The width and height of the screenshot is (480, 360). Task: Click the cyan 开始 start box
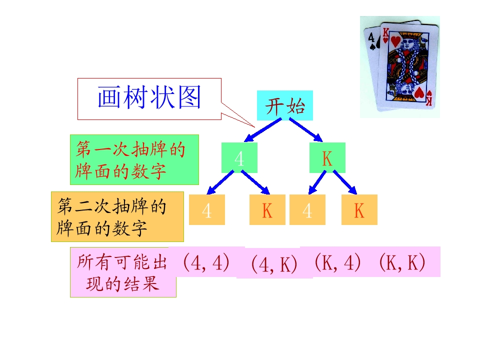[284, 105]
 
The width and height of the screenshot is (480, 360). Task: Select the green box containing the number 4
[239, 158]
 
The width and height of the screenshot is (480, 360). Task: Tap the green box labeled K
[327, 158]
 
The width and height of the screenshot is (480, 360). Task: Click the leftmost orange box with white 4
[206, 210]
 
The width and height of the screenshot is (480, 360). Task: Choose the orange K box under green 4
[267, 210]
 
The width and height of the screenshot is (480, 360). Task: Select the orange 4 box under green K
[307, 210]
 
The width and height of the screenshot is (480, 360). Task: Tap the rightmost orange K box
[359, 210]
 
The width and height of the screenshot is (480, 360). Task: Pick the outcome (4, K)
[274, 264]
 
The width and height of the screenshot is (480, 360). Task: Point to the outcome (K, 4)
[337, 262]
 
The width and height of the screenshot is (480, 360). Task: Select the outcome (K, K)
[401, 262]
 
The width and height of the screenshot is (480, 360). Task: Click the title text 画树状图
[149, 98]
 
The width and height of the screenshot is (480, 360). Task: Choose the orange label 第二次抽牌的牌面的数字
[117, 216]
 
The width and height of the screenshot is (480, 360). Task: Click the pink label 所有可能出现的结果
[122, 272]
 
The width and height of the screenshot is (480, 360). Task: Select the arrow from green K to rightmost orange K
[345, 182]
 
